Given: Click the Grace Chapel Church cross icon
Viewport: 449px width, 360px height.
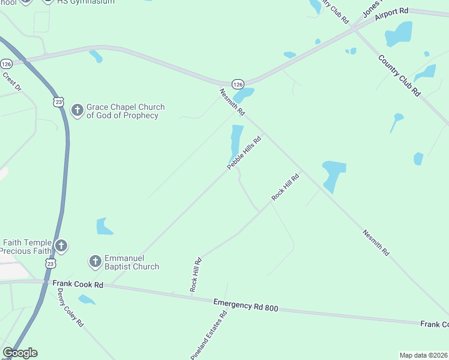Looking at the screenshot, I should pos(77,110).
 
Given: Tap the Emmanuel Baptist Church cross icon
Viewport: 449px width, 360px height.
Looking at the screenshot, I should pos(95,262).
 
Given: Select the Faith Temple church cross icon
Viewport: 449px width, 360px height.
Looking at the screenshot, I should pos(61,245).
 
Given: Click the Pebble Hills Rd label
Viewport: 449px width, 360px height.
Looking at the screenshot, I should pos(245,153).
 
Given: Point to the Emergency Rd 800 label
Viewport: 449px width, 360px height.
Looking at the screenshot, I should pos(246,305).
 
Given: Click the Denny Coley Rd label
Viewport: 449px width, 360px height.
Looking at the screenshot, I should pos(70,307).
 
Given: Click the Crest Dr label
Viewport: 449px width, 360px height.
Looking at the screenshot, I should pos(11,82).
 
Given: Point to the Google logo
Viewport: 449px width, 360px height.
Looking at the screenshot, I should pos(20,353).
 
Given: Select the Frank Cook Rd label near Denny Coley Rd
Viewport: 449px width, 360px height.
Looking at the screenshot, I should pos(77,284).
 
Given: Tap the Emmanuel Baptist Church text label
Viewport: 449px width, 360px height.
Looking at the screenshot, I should pos(132,262).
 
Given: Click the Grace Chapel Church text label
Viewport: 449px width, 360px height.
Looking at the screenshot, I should pos(125,111).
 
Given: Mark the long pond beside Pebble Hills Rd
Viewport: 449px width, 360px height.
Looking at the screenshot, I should pos(236,140).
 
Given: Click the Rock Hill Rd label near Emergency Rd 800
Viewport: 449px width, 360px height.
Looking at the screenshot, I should pos(195,275).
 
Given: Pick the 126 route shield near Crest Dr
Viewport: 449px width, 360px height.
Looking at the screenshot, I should pos(6,64).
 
